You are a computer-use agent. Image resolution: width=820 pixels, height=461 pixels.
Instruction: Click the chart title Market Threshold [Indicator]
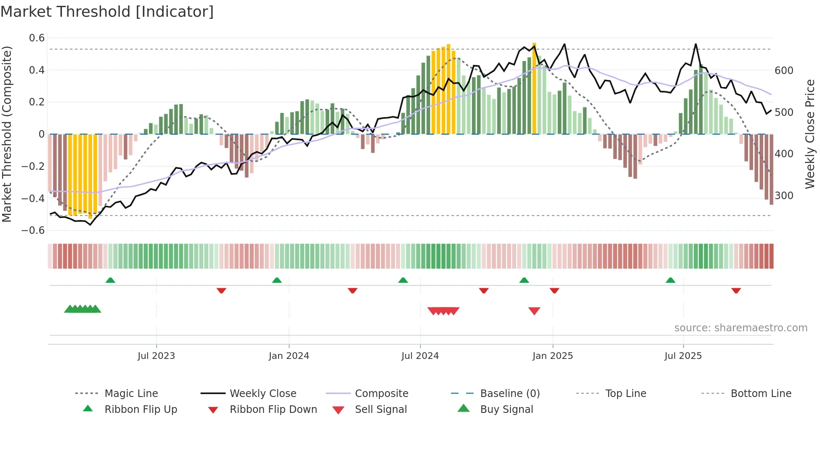(x=107, y=12)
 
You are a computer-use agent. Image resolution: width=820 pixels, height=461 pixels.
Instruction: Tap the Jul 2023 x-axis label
(x=156, y=356)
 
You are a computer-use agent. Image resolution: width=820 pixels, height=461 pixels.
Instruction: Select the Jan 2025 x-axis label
(x=552, y=356)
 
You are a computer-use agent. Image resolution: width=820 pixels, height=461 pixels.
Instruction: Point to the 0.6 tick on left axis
(x=37, y=38)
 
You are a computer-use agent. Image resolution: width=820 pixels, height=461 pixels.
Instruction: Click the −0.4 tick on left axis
(x=33, y=198)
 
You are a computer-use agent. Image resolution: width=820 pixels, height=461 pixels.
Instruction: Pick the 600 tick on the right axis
(x=784, y=71)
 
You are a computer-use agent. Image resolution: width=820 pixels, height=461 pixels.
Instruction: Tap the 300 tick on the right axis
(x=784, y=196)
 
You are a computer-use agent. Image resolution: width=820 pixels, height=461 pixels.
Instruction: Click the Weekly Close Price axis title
(x=810, y=134)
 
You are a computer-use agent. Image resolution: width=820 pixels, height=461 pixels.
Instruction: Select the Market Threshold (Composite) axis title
(x=7, y=134)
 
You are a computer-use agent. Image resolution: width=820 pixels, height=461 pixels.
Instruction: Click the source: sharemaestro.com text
(x=741, y=328)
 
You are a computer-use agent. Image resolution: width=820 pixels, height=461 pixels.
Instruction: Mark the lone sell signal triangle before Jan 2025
(x=534, y=311)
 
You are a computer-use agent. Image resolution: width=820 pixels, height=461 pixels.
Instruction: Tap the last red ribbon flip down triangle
(x=736, y=291)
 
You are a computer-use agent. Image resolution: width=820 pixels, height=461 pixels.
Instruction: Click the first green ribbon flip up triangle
(x=110, y=280)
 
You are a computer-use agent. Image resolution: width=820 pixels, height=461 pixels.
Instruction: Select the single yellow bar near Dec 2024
(x=534, y=88)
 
